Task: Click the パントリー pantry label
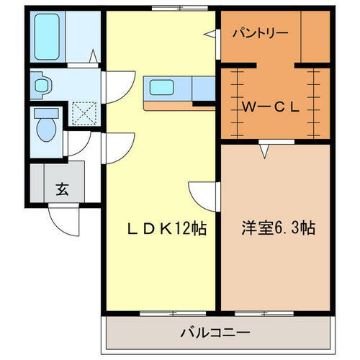(260, 32)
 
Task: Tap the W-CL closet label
(270, 108)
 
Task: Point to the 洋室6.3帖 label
(276, 229)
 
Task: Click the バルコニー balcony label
(215, 333)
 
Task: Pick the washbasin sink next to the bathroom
(42, 85)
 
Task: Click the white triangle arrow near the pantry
(210, 33)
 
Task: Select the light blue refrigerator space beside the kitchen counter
(204, 89)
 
